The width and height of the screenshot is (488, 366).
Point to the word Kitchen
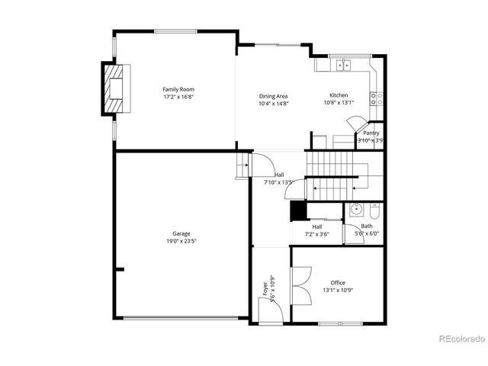339,95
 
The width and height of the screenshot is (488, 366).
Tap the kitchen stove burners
375,98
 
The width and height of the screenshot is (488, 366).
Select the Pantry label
371,133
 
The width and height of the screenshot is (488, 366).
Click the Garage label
181,233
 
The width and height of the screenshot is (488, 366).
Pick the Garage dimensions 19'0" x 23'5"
181,241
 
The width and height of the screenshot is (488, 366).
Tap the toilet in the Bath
374,210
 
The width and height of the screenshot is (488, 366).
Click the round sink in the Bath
355,210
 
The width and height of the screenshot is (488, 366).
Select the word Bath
367,226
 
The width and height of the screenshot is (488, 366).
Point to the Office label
337,283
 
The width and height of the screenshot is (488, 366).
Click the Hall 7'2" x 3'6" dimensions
316,234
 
